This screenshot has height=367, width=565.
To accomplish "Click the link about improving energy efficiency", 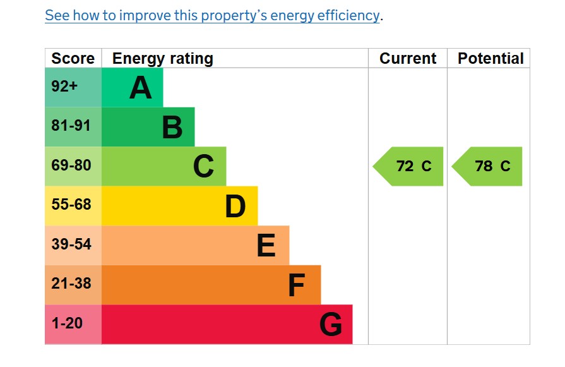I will pos(213,16).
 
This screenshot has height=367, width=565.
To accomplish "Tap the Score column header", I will pos(73,59).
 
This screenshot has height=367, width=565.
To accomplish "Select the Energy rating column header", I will pos(163,59).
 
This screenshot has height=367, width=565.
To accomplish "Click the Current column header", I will pos(408,59).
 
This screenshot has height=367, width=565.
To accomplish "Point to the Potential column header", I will pos(491,59).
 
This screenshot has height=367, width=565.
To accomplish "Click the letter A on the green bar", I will pos(140,88).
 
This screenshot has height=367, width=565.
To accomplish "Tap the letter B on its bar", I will pos(172,127).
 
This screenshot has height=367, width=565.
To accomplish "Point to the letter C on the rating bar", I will pos(203,167).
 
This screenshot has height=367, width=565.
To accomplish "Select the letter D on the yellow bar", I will pos(235,206).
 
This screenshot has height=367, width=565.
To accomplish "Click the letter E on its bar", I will pos(266,246).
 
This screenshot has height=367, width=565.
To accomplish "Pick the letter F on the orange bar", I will pos(296,286).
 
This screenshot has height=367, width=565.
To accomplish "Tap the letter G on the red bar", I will pos(331,325).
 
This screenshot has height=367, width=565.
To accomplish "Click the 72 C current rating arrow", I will pos(410,167).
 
